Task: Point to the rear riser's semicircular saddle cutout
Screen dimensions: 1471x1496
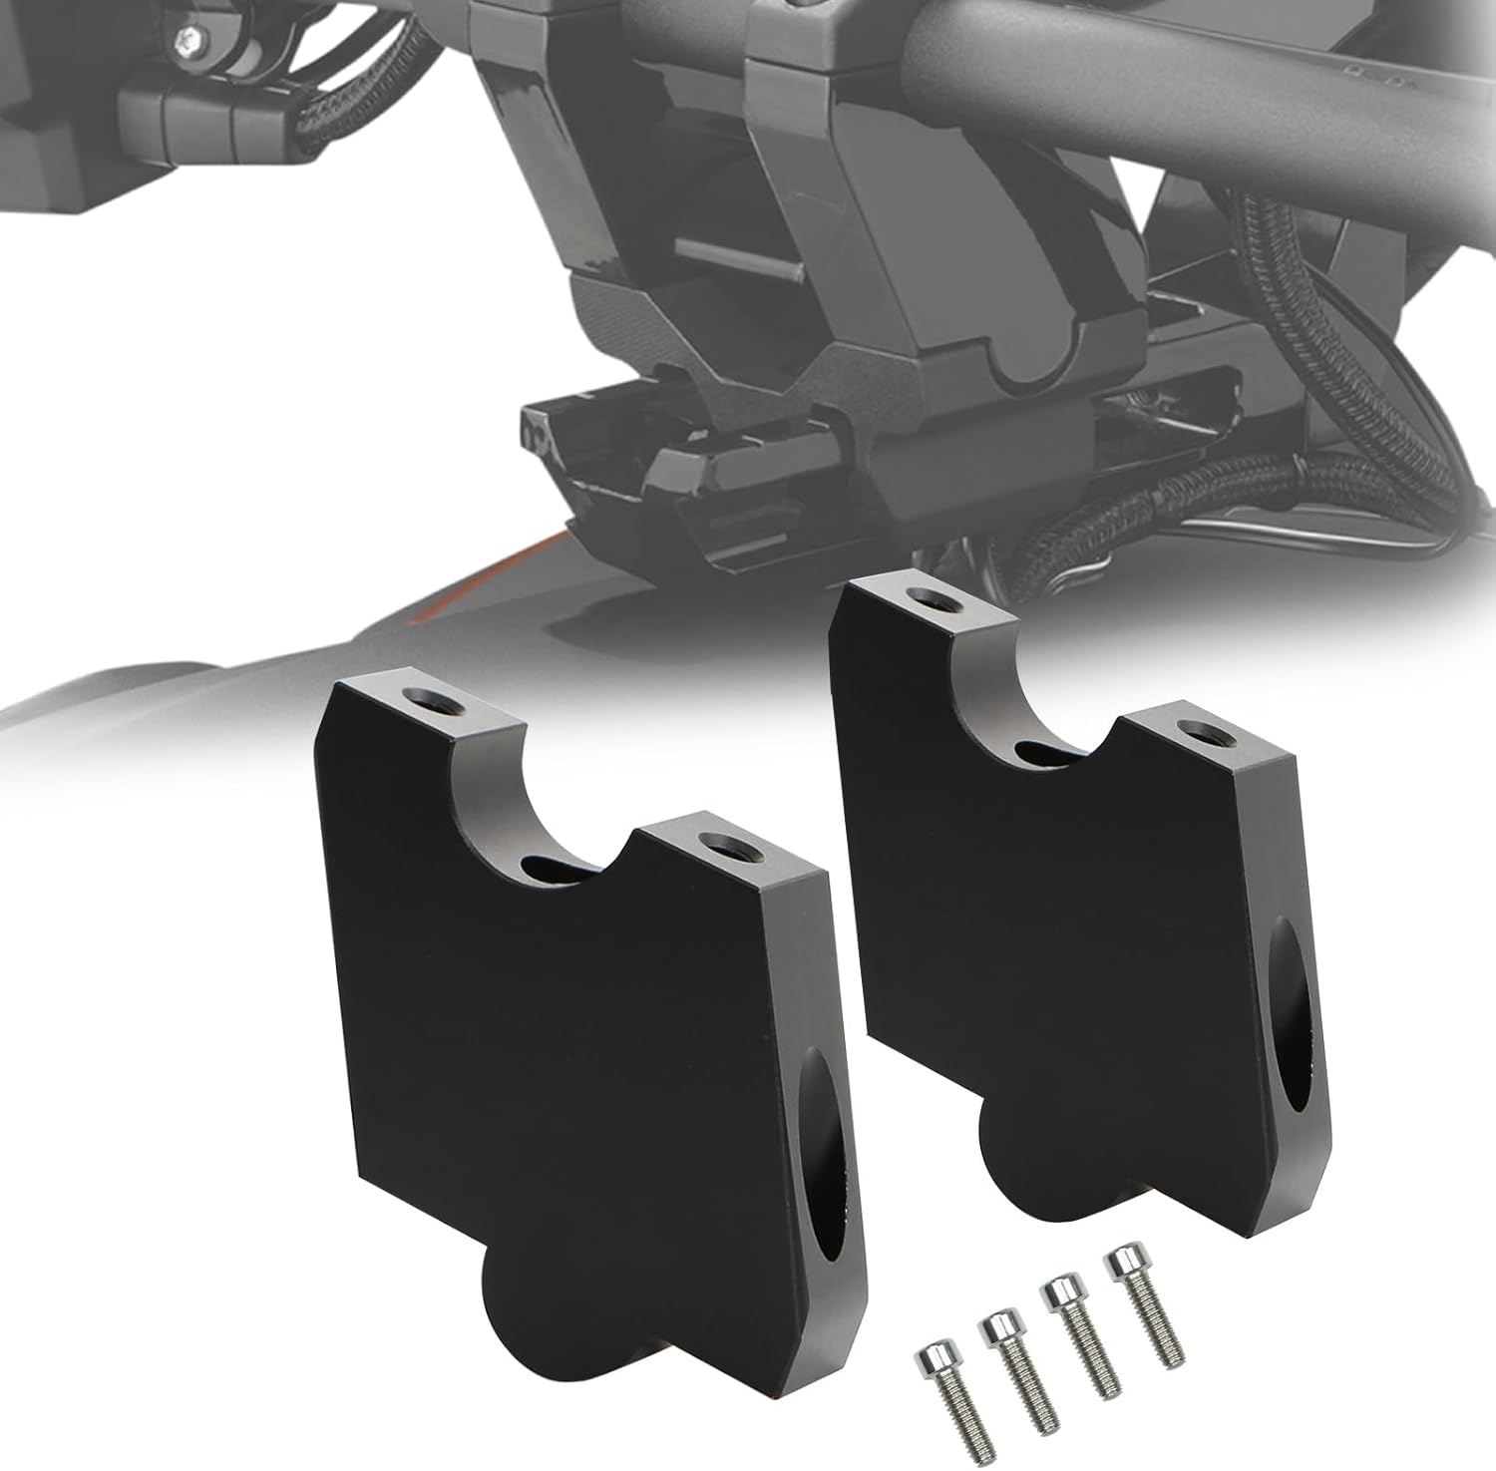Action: pos(1037,698)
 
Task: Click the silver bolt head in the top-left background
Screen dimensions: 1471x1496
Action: pos(186,39)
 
